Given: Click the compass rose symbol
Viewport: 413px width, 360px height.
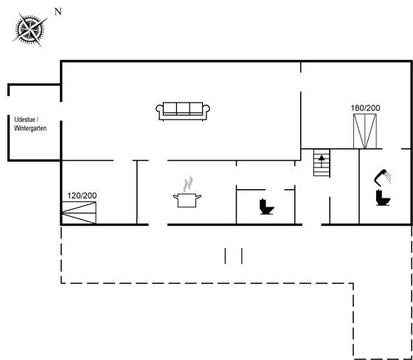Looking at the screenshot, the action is pyautogui.click(x=29, y=30).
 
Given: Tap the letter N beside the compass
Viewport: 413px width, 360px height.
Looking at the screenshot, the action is pyautogui.click(x=58, y=12).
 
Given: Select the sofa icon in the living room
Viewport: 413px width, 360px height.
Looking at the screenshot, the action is pyautogui.click(x=183, y=111).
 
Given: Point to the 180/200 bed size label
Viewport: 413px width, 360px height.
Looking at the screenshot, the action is pyautogui.click(x=365, y=108).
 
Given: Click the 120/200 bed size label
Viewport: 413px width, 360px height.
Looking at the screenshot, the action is pyautogui.click(x=82, y=195).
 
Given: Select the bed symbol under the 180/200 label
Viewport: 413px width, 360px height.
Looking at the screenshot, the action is pyautogui.click(x=365, y=131).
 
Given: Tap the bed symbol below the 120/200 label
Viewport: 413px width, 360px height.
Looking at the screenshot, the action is pyautogui.click(x=79, y=212).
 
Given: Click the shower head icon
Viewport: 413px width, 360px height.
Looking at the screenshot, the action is pyautogui.click(x=383, y=177).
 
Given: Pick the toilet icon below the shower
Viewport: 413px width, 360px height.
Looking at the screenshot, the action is pyautogui.click(x=383, y=198).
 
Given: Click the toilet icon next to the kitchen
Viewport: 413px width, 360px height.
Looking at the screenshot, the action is pyautogui.click(x=266, y=207).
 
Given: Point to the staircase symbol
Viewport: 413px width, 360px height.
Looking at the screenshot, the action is pyautogui.click(x=322, y=162).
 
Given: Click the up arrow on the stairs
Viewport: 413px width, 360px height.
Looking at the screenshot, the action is pyautogui.click(x=322, y=161).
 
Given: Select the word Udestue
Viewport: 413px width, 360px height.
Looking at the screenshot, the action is pyautogui.click(x=24, y=120).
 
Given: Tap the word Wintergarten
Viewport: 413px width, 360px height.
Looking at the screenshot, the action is pyautogui.click(x=30, y=128).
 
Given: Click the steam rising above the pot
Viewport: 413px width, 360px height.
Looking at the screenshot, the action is pyautogui.click(x=188, y=184).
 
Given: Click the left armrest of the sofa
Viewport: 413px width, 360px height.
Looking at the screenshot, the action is pyautogui.click(x=159, y=111).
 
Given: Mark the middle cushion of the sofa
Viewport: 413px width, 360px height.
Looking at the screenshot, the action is pyautogui.click(x=183, y=108).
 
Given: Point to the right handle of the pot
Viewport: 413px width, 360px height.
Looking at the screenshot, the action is pyautogui.click(x=198, y=197).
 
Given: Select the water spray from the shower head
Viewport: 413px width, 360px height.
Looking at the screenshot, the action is pyautogui.click(x=388, y=176).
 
